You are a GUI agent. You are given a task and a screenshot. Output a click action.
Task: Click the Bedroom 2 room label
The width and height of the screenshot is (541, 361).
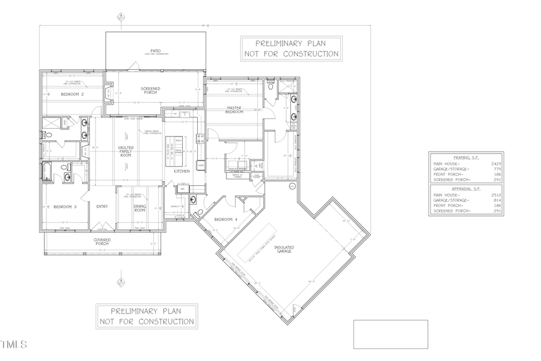[72, 94]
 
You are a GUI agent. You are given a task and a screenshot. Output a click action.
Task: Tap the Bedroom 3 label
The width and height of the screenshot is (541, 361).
[65, 206]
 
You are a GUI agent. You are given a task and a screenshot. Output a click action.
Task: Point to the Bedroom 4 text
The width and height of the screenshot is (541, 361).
[228, 220]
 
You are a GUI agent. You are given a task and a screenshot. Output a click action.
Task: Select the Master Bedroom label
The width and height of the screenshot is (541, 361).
[234, 111]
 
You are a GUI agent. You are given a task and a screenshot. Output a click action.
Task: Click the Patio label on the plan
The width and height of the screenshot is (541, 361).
[155, 51]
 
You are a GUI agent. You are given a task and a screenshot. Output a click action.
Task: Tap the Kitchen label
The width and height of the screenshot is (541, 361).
[182, 171]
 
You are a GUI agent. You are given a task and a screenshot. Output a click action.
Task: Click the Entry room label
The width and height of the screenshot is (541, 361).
[102, 206]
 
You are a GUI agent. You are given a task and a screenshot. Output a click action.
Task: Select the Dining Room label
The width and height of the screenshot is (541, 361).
[139, 208]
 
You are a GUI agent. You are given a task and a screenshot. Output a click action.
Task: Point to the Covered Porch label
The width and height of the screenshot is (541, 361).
[102, 242]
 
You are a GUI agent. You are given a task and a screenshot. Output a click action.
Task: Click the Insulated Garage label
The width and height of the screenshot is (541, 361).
[284, 249]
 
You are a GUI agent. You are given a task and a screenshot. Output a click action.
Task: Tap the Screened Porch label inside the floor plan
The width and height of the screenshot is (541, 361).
[150, 91]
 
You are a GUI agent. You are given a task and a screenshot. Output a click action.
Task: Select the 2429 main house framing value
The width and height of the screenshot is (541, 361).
[496, 163]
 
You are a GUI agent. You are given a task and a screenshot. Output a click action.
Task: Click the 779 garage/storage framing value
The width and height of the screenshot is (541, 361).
[497, 168]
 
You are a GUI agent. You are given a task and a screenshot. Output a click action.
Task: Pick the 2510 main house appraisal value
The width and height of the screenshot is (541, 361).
[496, 195]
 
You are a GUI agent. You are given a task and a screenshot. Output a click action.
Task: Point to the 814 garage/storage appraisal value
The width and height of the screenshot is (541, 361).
[497, 200]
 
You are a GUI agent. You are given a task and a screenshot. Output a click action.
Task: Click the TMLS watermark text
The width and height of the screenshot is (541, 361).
[14, 345]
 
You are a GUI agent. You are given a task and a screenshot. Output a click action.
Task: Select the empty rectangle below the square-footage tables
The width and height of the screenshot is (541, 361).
[391, 334]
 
